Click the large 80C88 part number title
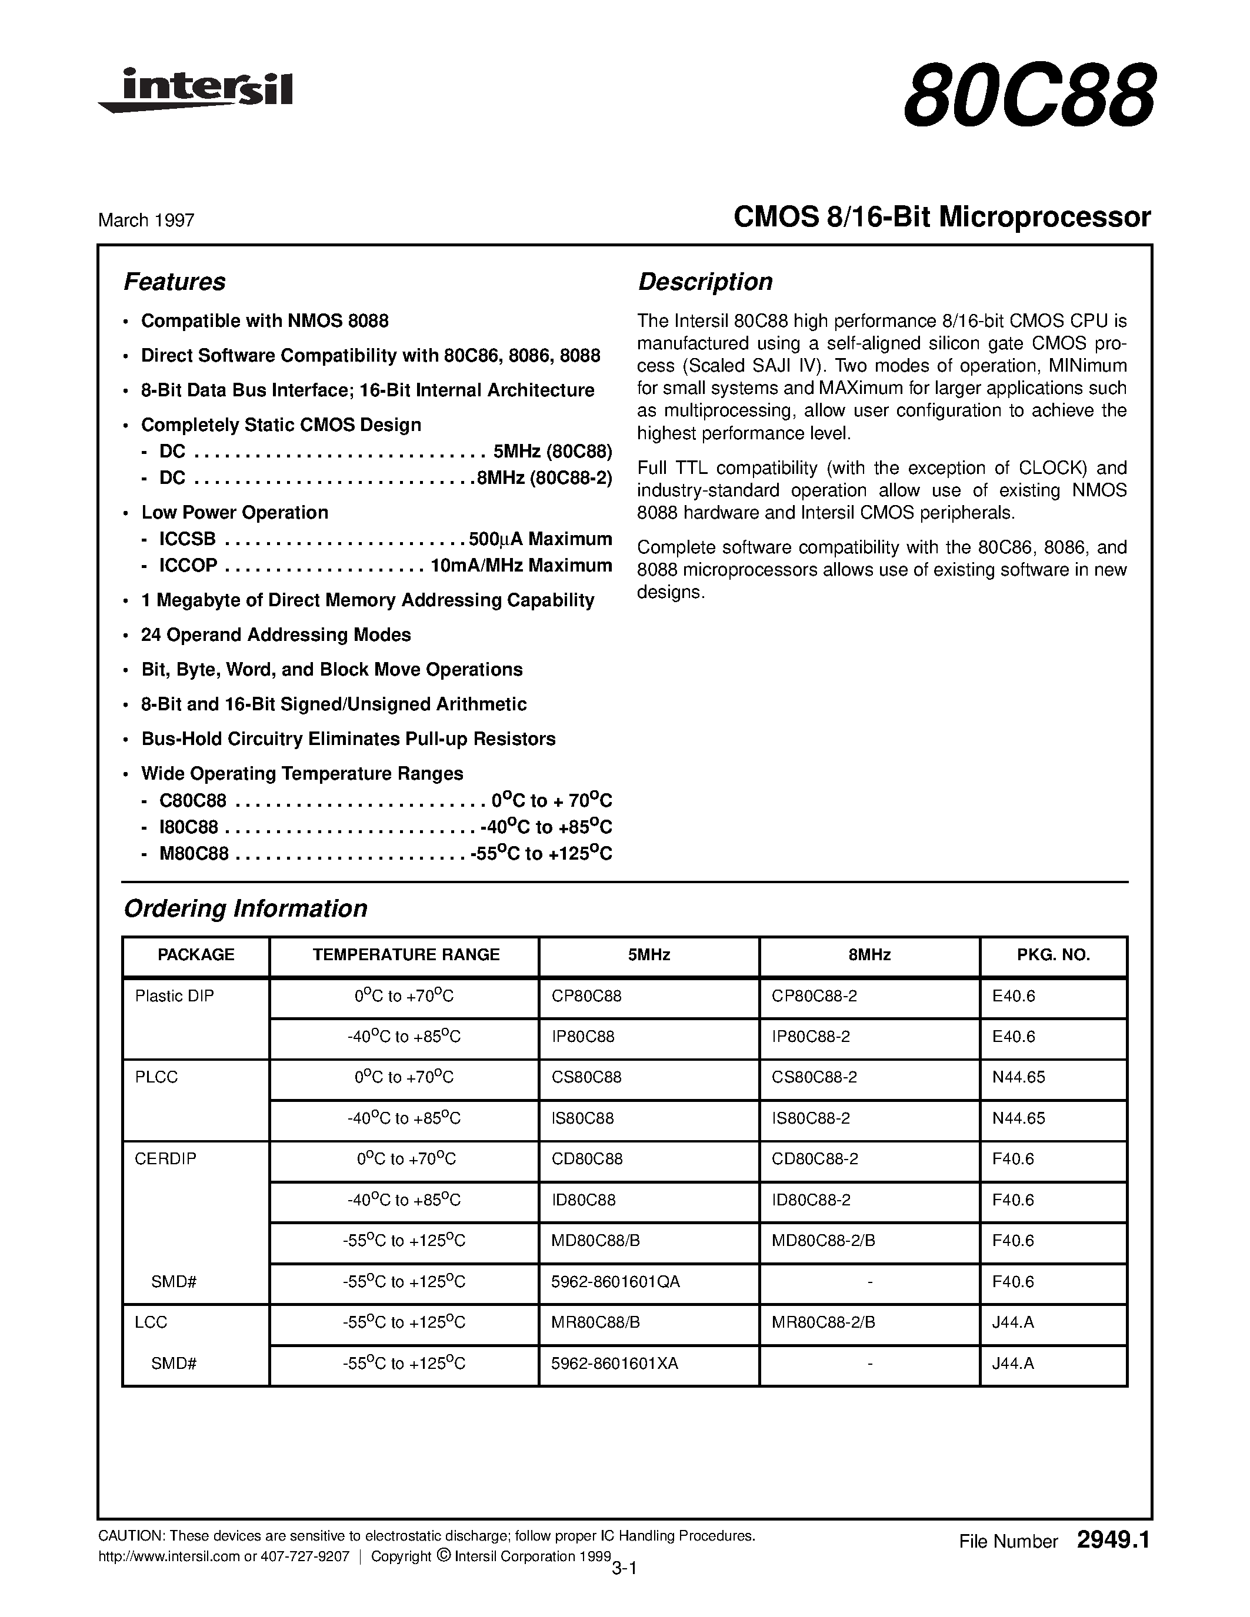point(1028,96)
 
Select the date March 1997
point(146,220)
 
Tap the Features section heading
point(174,282)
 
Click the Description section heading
point(704,282)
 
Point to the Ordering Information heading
point(245,908)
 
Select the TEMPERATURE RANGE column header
point(405,955)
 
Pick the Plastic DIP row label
point(174,997)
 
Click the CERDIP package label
point(166,1160)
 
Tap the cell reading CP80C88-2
point(814,997)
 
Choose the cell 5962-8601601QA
point(615,1282)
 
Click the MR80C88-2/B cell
point(823,1322)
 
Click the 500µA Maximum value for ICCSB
point(540,539)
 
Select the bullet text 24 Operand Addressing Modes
point(275,635)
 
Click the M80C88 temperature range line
point(385,854)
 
